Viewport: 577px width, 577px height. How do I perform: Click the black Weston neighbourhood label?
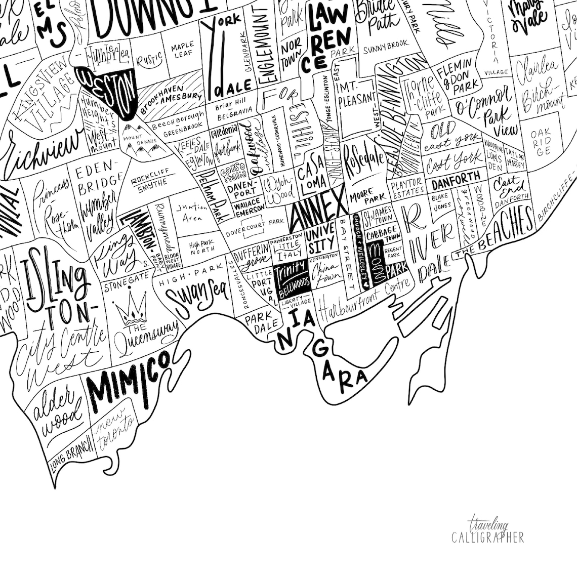(109, 89)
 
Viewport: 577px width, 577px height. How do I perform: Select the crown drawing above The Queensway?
(129, 307)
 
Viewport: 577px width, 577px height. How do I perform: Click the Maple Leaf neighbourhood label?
(182, 51)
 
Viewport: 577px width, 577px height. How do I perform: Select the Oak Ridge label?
(540, 142)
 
